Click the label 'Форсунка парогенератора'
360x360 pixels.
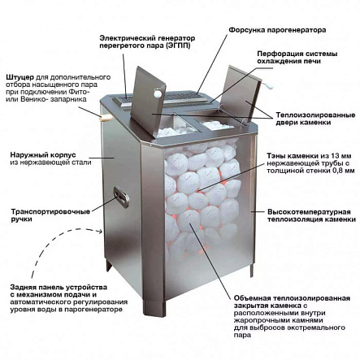pyautogui.click(x=277, y=30)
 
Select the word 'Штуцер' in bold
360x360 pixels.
pyautogui.click(x=20, y=77)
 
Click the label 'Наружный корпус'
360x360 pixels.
pyautogui.click(x=43, y=155)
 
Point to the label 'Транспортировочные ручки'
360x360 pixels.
pyautogui.click(x=50, y=215)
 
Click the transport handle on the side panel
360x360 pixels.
pyautogui.click(x=121, y=197)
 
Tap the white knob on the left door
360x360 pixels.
pyautogui.click(x=158, y=93)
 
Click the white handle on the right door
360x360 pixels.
pyautogui.click(x=270, y=86)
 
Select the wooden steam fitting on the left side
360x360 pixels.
pyautogui.click(x=106, y=118)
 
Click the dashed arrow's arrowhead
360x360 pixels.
pyautogui.click(x=101, y=232)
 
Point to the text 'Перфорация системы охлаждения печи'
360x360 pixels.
pyautogui.click(x=297, y=58)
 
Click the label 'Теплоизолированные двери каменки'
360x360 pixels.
pyautogui.click(x=315, y=119)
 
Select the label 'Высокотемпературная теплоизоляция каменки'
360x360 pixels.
pyautogui.click(x=311, y=215)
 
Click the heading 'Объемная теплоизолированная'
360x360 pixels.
pyautogui.click(x=292, y=298)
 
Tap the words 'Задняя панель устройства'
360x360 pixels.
pyautogui.click(x=59, y=287)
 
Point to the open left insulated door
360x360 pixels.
pyautogui.click(x=148, y=101)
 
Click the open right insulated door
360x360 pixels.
pyautogui.click(x=241, y=93)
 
